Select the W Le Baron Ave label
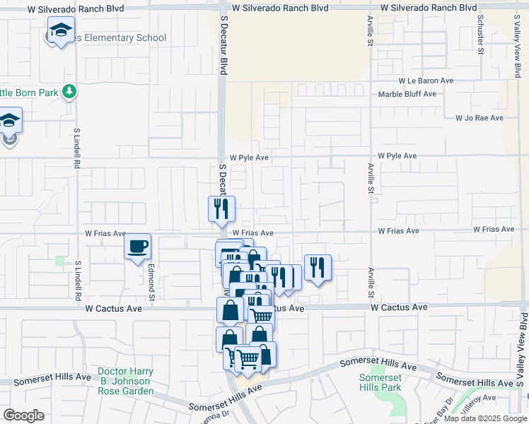coord(425,81)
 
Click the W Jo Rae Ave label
coord(479,118)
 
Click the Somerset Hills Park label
coord(380,382)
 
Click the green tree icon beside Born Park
coord(69,90)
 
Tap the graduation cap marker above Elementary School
coord(61,30)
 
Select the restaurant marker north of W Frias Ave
coord(221,208)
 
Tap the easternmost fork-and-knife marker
coord(318,267)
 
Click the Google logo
coord(23,416)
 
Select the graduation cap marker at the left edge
coord(10,121)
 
